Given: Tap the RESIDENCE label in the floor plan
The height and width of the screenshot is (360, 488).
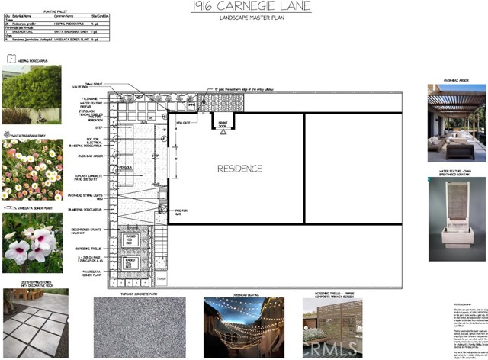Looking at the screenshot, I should click(x=240, y=169).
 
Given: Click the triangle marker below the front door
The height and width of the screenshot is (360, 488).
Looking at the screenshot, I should click(x=223, y=131).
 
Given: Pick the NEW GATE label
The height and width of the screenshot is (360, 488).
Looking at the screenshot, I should click(x=183, y=122).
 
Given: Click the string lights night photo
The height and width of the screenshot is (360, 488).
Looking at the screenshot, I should click(x=243, y=327).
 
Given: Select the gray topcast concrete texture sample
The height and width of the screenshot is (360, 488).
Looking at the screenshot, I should click(x=139, y=327).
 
